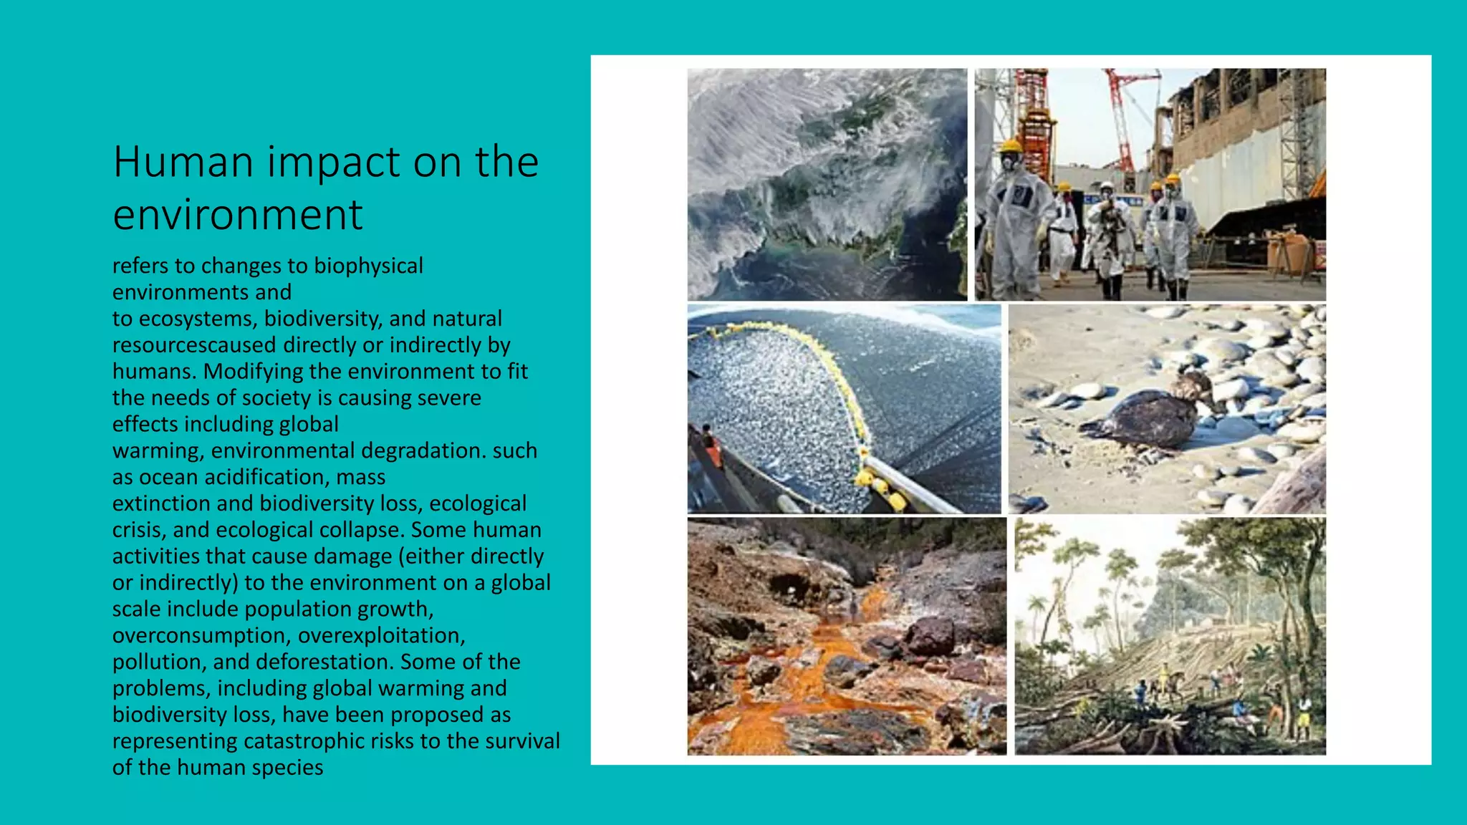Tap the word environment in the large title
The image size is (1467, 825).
pos(238,215)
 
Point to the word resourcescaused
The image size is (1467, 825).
pos(194,345)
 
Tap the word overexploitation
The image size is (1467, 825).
pos(382,636)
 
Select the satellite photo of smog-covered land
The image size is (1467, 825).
pos(827,184)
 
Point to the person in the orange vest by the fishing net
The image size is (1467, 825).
pos(711,448)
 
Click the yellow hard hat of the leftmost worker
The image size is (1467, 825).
pos(1011,146)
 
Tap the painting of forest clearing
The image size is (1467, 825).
pos(1170,636)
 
